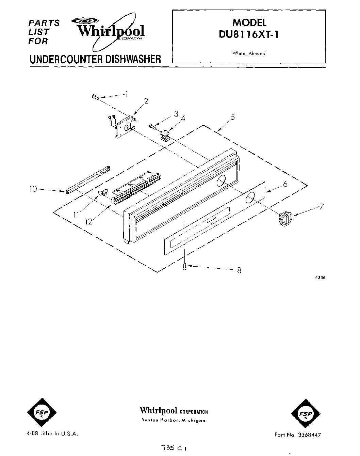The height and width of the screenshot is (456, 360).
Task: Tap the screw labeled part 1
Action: click(x=95, y=98)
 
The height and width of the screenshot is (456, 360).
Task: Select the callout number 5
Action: click(x=232, y=117)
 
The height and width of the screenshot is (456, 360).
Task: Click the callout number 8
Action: click(x=239, y=271)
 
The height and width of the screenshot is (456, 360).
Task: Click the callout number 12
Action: click(x=89, y=221)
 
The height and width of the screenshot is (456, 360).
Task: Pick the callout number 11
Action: click(x=76, y=215)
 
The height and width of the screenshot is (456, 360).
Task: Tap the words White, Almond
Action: click(x=249, y=53)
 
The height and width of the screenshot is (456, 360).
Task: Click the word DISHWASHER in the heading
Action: click(x=133, y=59)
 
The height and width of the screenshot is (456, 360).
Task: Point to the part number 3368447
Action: click(x=308, y=435)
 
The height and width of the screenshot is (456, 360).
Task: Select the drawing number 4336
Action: click(x=320, y=278)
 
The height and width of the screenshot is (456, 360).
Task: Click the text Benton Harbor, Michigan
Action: click(x=174, y=421)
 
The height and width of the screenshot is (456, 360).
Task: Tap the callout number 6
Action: click(x=285, y=184)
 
